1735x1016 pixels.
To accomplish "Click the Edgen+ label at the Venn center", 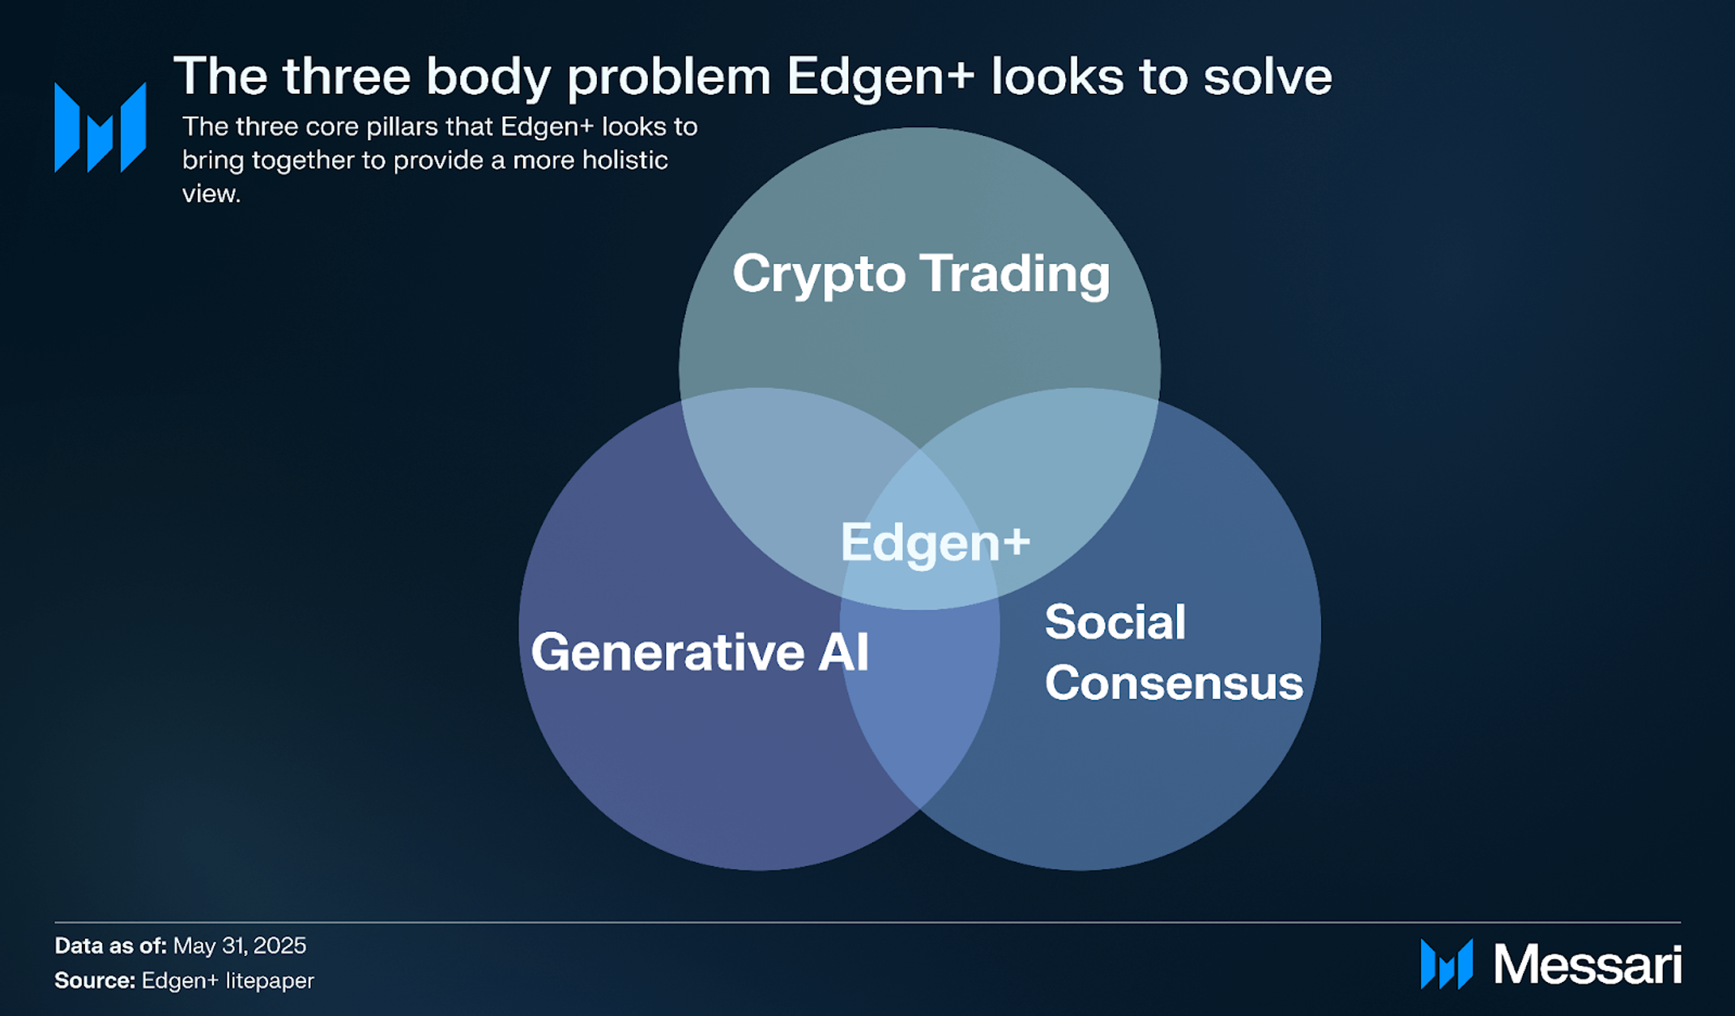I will click(x=935, y=542).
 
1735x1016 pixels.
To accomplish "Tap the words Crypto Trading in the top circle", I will click(x=920, y=274).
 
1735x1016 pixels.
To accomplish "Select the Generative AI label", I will click(x=700, y=652).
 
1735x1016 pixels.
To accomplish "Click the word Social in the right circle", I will click(x=1115, y=622).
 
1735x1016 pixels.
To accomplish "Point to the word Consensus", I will click(x=1174, y=683).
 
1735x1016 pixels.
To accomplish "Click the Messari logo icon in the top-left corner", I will click(x=100, y=128).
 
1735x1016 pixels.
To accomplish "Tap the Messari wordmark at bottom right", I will click(x=1587, y=965).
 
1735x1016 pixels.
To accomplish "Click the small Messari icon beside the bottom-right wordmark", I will click(x=1446, y=964).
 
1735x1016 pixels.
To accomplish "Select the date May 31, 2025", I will click(x=240, y=946).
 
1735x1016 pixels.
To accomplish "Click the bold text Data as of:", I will click(x=110, y=946).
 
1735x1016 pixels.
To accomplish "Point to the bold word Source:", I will click(x=94, y=980).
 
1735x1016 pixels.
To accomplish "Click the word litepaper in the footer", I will click(x=270, y=980).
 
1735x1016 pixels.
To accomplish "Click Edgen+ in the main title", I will click(x=880, y=77).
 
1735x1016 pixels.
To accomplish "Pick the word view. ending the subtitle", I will click(x=211, y=194).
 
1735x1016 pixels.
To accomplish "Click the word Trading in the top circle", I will click(x=1016, y=274).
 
